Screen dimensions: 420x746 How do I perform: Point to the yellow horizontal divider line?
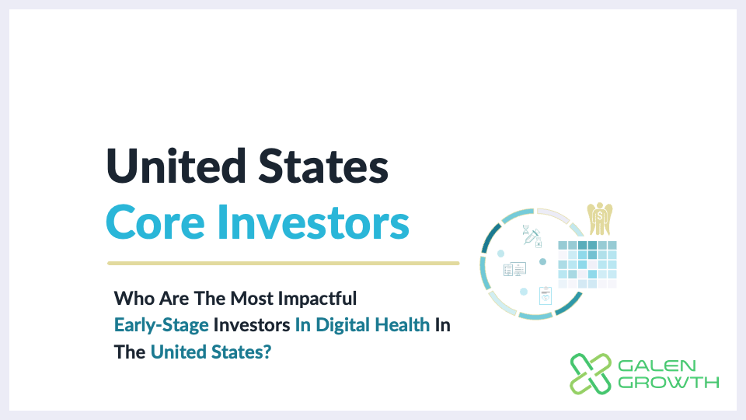(283, 264)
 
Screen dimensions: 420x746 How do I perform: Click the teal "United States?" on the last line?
(211, 351)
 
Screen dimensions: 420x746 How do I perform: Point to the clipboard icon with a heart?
(546, 295)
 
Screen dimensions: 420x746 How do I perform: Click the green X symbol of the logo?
(591, 373)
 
